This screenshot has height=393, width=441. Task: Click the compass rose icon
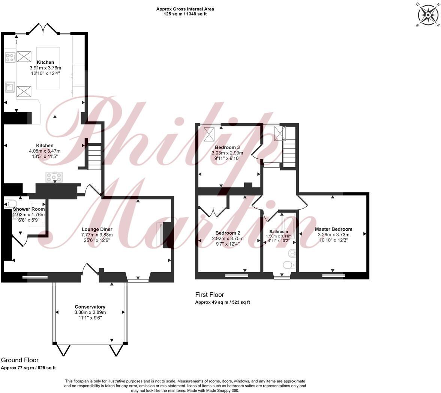coord(427,15)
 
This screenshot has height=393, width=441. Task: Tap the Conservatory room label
coord(90,307)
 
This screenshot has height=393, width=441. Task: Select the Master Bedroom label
coord(333,229)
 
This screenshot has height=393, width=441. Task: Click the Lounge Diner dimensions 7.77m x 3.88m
coord(97,235)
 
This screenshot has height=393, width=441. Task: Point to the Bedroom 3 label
coord(227,147)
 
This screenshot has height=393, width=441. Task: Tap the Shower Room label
coord(29,209)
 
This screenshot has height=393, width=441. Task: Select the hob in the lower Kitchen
coord(54,177)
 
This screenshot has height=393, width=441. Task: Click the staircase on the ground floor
coord(94,157)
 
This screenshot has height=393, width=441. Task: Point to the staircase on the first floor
coord(289,152)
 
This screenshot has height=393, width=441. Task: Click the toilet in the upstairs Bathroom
coord(288,265)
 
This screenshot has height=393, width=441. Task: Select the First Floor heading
coord(210,295)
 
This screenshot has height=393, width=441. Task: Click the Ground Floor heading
coord(19,360)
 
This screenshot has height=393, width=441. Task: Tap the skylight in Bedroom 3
coord(209,134)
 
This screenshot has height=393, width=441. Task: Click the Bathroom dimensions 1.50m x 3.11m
coord(278,236)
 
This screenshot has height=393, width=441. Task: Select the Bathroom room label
coord(278,232)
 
